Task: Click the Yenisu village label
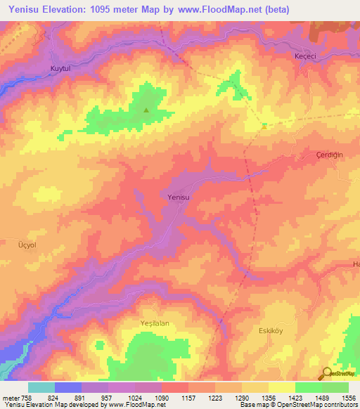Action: point(179,197)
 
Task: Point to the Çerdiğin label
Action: point(328,154)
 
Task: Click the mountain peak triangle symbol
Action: point(146,110)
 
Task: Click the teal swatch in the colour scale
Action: point(41,387)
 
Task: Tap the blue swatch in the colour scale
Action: point(68,387)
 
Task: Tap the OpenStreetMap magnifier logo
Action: point(328,374)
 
